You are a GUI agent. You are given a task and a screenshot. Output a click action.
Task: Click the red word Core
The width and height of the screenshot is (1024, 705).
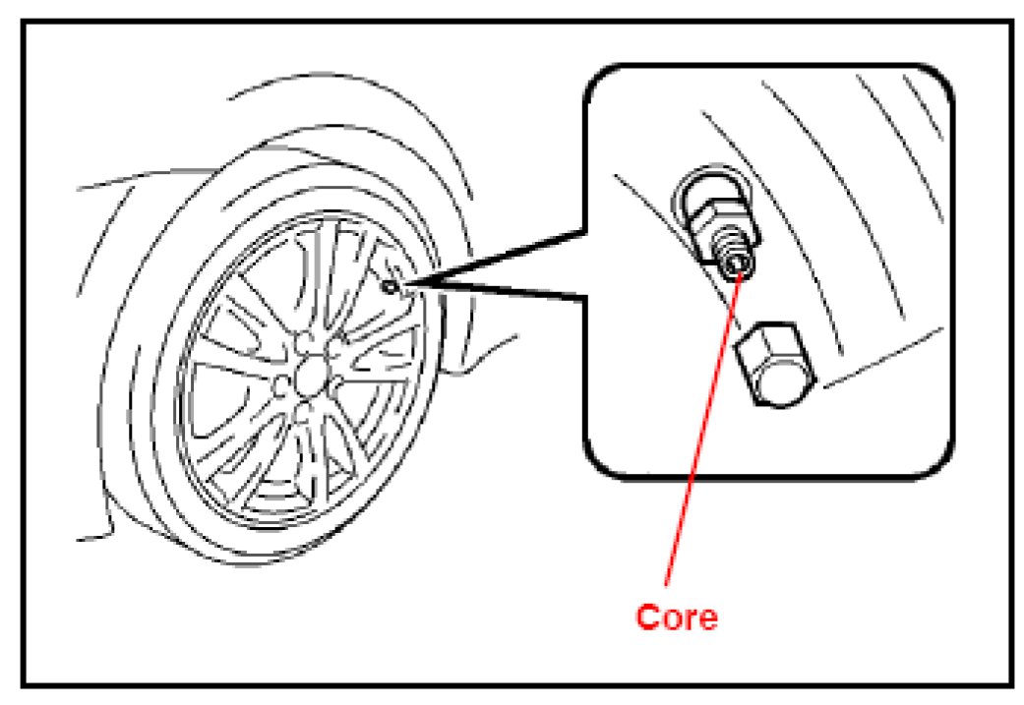coord(678,617)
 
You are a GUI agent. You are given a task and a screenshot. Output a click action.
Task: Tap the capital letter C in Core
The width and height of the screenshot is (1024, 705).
coord(647,617)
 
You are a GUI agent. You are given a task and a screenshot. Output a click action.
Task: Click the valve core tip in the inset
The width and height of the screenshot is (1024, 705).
coord(737,264)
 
